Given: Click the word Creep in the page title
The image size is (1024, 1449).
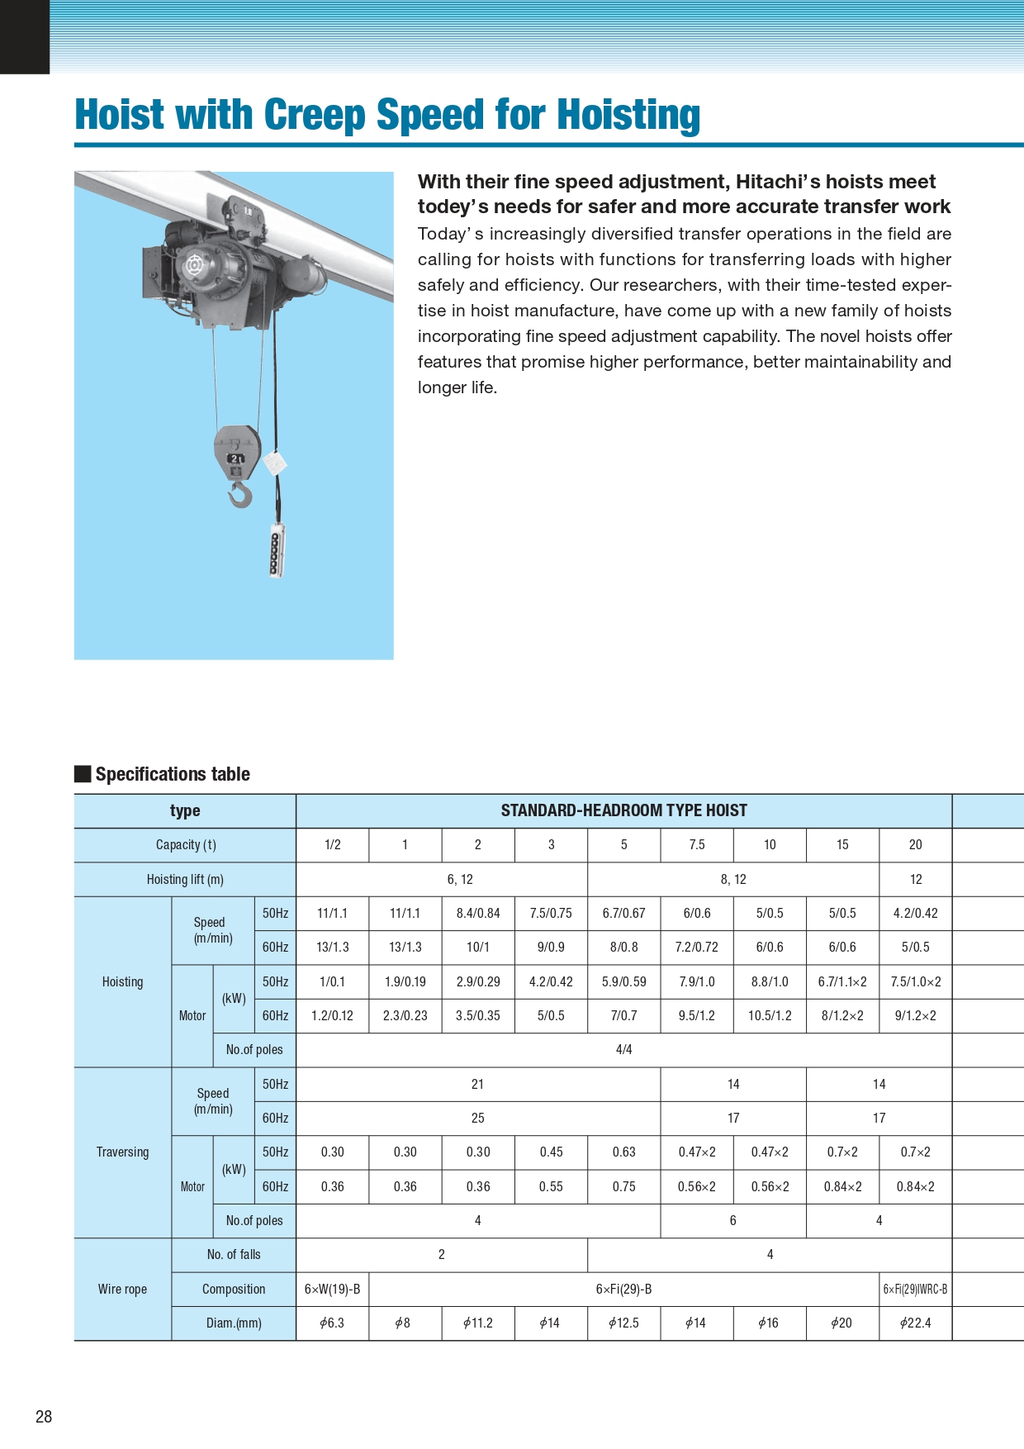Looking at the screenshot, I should pyautogui.click(x=314, y=115).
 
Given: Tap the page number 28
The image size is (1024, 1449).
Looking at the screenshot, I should pyautogui.click(x=44, y=1417).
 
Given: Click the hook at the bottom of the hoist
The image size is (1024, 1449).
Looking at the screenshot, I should pyautogui.click(x=240, y=495).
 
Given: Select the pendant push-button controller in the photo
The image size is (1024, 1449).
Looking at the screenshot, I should pyautogui.click(x=277, y=551).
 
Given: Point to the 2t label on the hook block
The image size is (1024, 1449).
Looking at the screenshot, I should pyautogui.click(x=237, y=458).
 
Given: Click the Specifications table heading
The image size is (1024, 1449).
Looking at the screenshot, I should pyautogui.click(x=172, y=774).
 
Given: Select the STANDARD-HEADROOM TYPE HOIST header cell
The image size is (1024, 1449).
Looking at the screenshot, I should pyautogui.click(x=623, y=811).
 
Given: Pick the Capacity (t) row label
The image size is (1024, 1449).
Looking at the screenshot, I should pyautogui.click(x=186, y=845).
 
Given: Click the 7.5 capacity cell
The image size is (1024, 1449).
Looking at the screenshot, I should pyautogui.click(x=697, y=845).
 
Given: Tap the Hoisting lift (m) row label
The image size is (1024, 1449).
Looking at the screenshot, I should pyautogui.click(x=185, y=880).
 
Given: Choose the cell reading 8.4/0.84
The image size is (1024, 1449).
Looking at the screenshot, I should pyautogui.click(x=478, y=914).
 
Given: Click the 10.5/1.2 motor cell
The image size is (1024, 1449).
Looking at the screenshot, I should pyautogui.click(x=770, y=1016).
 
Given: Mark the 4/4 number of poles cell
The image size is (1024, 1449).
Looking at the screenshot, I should pyautogui.click(x=623, y=1050).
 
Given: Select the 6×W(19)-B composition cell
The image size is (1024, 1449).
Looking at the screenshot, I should pyautogui.click(x=332, y=1290).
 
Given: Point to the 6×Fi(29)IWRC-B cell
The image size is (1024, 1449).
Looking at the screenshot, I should pyautogui.click(x=915, y=1290).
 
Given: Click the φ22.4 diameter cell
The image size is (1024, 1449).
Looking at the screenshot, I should pyautogui.click(x=915, y=1323).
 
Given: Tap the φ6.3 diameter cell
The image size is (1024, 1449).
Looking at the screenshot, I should pyautogui.click(x=332, y=1323).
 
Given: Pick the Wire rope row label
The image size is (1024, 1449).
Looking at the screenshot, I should pyautogui.click(x=122, y=1290).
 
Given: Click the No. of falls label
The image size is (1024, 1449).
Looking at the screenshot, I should pyautogui.click(x=234, y=1255).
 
